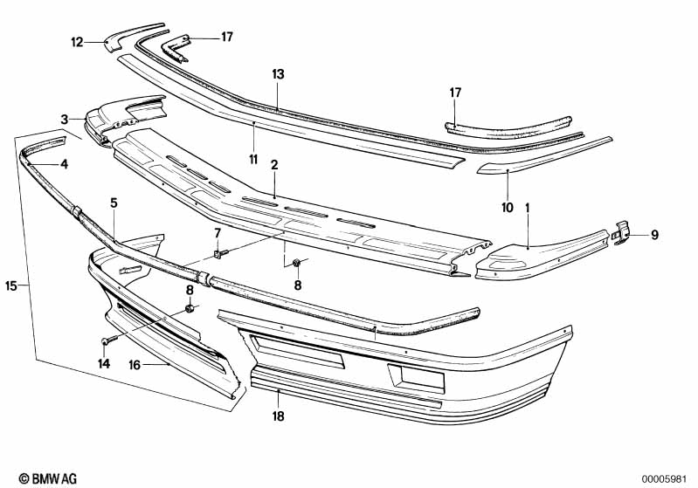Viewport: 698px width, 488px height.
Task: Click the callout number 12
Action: click(x=77, y=42)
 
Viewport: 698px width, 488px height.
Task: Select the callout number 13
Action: click(x=278, y=74)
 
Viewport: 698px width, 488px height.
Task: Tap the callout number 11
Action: click(x=253, y=159)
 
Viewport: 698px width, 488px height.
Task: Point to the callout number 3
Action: click(x=65, y=120)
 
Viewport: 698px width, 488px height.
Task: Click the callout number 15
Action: click(x=11, y=285)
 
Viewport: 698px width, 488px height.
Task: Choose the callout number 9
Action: click(x=654, y=235)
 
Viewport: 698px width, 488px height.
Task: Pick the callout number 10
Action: click(x=508, y=207)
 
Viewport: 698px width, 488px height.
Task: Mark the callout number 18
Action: click(x=278, y=416)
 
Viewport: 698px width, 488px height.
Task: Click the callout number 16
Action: click(x=135, y=365)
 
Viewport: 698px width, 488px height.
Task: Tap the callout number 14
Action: click(x=104, y=363)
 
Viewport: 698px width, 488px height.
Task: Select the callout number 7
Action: click(x=218, y=233)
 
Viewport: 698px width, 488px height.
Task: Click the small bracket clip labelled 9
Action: click(x=622, y=232)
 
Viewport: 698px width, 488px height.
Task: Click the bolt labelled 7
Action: click(x=220, y=253)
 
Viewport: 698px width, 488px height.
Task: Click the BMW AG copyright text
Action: click(x=48, y=478)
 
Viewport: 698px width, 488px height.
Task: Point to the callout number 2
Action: click(x=274, y=165)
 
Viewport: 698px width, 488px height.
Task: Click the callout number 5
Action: click(x=114, y=203)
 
